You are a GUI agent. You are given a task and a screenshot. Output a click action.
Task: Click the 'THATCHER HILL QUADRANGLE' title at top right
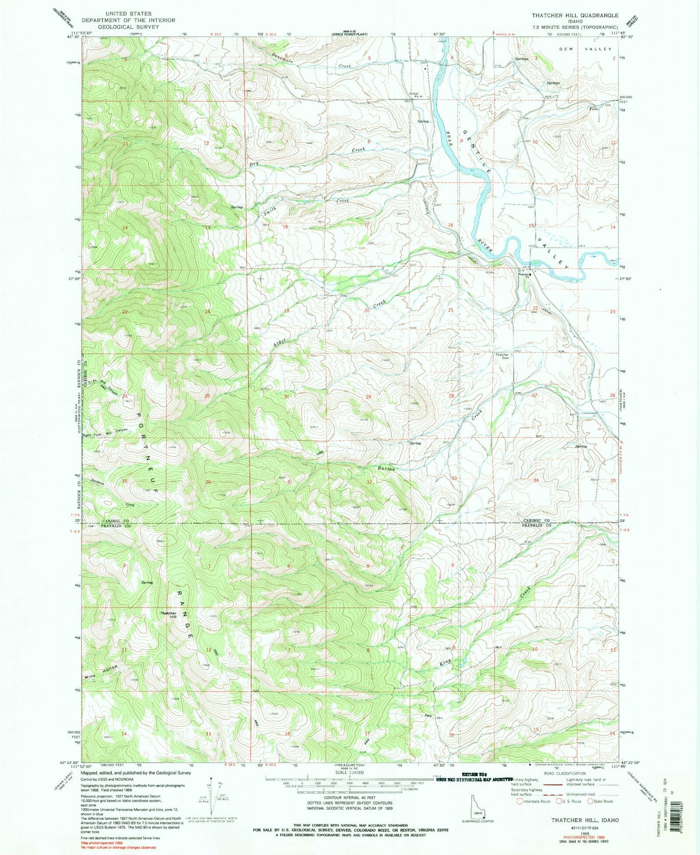pyautogui.click(x=575, y=16)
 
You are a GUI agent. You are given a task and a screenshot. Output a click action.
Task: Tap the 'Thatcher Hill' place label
pyautogui.click(x=169, y=615)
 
